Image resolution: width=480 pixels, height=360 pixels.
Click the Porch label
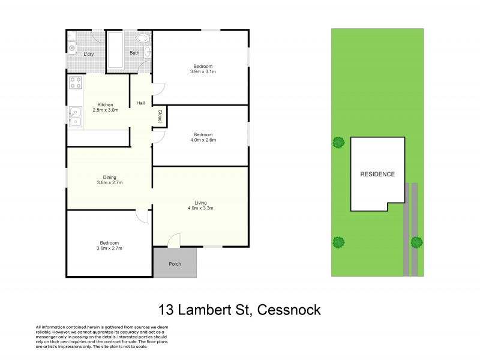175,264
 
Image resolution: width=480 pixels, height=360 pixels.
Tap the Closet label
160,116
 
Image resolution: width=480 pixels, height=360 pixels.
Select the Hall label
140,103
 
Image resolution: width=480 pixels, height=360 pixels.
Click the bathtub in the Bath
115,50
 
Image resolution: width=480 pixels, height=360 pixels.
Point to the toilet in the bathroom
143,38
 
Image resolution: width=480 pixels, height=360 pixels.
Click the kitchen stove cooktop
76,82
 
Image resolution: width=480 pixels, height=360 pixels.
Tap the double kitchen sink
76,116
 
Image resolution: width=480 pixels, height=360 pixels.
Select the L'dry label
88,54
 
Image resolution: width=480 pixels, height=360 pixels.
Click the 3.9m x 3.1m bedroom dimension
203,71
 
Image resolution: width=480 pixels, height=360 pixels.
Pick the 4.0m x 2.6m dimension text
203,140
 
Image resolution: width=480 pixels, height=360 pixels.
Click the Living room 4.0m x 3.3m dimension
200,208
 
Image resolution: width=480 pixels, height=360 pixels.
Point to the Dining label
109,177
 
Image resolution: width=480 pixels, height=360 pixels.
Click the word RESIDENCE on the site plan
377,174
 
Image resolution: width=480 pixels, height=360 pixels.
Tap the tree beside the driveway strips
416,242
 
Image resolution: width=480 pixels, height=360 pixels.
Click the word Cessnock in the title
289,310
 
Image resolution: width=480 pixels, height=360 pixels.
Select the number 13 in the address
166,310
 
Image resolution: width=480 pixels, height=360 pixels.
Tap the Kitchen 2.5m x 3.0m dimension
106,110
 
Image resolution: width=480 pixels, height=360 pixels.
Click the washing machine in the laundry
72,48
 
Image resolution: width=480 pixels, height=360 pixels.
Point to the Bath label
134,53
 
